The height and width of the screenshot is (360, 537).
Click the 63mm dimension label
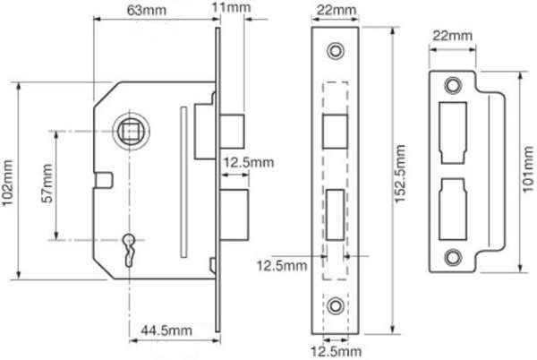(x=147, y=10)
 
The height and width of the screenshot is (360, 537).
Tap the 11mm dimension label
(x=231, y=7)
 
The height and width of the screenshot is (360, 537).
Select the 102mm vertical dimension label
(x=7, y=183)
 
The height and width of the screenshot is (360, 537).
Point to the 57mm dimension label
(x=47, y=184)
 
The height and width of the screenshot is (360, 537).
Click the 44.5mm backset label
(x=166, y=330)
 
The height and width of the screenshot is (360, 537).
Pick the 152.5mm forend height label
(x=400, y=174)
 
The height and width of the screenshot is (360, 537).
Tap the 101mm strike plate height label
(x=528, y=169)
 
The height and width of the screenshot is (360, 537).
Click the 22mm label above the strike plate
(x=452, y=36)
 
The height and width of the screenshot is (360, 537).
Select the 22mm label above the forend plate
(x=336, y=10)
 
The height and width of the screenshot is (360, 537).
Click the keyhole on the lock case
(x=129, y=249)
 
